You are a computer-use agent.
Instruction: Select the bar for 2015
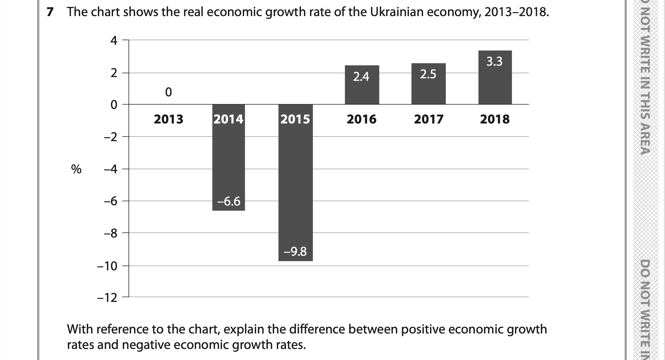click(x=295, y=183)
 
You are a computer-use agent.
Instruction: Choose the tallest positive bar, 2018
click(x=495, y=82)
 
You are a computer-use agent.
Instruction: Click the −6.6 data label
click(x=229, y=201)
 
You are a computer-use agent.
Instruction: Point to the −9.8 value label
click(x=295, y=252)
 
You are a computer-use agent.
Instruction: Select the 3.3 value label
click(x=494, y=61)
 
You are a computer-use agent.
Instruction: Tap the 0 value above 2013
click(x=168, y=92)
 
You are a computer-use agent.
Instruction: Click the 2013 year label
click(x=168, y=119)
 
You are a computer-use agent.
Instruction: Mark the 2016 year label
click(x=362, y=119)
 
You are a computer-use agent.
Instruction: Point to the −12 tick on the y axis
click(x=107, y=298)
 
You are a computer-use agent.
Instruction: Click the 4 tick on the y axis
click(x=114, y=41)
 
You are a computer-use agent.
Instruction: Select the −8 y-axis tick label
click(x=111, y=234)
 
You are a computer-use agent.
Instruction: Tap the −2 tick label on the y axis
click(x=111, y=137)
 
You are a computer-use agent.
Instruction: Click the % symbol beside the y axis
click(x=76, y=170)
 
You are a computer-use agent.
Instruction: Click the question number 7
click(x=49, y=12)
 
